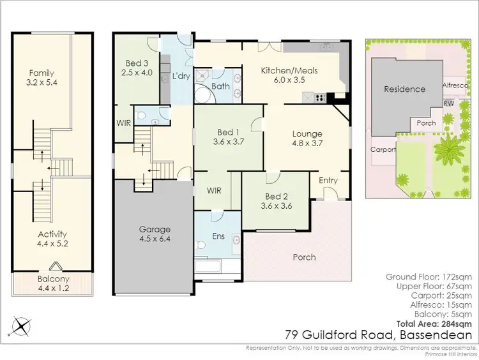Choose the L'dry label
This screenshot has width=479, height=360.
tap(181, 77)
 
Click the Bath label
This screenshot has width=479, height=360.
tap(220, 86)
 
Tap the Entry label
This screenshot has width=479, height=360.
tap(328, 181)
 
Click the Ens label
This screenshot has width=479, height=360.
tap(218, 236)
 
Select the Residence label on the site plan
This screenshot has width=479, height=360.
tap(404, 89)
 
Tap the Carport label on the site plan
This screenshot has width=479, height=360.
tap(383, 149)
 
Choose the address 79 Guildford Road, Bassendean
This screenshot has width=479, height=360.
tap(378, 334)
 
